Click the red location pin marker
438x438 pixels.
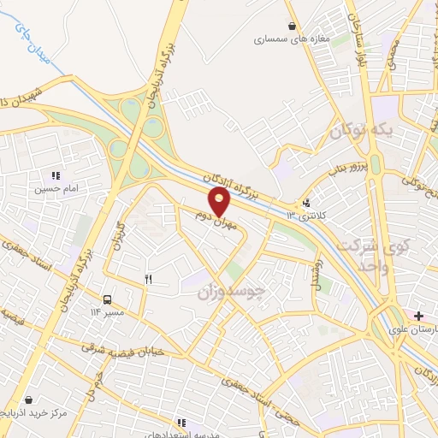[221, 201]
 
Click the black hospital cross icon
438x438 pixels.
[417, 316]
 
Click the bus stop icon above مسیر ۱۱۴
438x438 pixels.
[108, 299]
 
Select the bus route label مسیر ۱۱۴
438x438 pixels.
[109, 311]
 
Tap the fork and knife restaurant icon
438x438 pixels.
[148, 279]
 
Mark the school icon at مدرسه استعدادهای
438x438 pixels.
[181, 422]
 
